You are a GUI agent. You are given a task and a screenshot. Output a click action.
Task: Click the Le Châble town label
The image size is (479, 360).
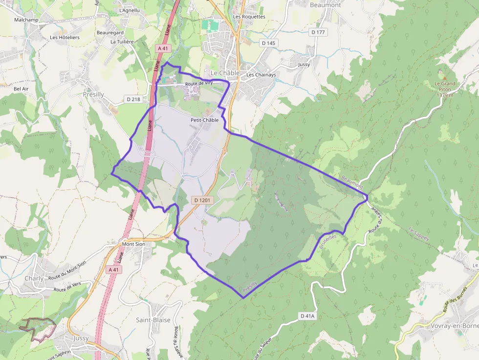[x=225, y=73]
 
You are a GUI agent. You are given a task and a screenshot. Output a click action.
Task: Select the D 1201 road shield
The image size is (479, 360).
[x=203, y=200]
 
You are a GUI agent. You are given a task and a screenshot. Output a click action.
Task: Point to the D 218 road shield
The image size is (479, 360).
[x=133, y=99]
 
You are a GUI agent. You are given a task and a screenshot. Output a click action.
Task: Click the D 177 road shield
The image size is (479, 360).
[x=318, y=32]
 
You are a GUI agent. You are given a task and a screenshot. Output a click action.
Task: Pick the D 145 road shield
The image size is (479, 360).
[x=269, y=43]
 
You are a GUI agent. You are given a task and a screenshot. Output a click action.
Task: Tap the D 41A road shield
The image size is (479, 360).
[x=307, y=316]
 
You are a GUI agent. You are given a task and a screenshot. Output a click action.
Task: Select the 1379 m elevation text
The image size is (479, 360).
[x=445, y=95]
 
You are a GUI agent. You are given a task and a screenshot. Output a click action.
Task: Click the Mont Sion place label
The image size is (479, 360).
[x=133, y=244]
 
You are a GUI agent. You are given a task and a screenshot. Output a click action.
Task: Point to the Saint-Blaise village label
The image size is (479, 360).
[x=153, y=320]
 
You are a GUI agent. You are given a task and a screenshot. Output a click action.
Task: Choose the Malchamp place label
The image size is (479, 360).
[x=26, y=20]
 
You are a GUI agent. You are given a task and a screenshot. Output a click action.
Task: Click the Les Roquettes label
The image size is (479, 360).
[x=249, y=17]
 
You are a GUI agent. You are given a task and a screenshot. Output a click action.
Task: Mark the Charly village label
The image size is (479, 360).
[x=34, y=278]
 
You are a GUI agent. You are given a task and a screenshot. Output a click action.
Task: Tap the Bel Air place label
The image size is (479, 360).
[x=21, y=89]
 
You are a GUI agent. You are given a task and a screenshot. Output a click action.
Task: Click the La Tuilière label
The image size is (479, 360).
[x=122, y=42]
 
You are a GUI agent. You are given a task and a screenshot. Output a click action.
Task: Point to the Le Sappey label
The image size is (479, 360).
[x=419, y=234]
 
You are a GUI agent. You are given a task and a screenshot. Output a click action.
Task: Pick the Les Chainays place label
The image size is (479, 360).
[x=261, y=75]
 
